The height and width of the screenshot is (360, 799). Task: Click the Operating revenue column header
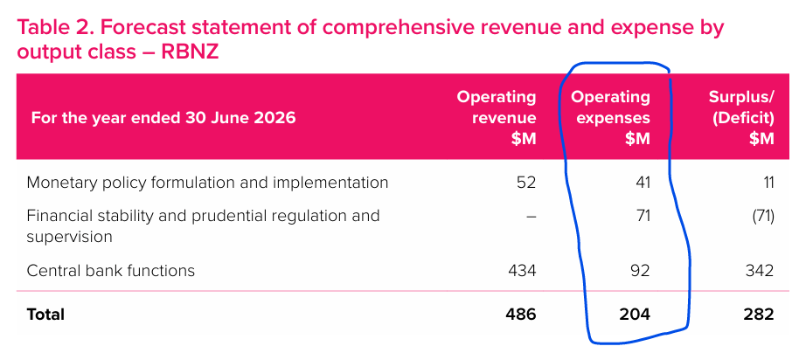[x=497, y=117]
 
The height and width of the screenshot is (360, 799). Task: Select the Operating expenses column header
[x=611, y=117]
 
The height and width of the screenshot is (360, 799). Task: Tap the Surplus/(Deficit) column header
[x=740, y=117]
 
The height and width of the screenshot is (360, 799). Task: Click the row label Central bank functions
[x=111, y=271]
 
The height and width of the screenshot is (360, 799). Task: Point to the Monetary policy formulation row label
[x=207, y=183]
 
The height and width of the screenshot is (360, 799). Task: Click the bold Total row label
[x=45, y=314]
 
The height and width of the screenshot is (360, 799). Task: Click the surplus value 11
[x=766, y=183]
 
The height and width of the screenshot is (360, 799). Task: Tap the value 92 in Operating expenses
[x=641, y=271]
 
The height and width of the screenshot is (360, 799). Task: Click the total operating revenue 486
[x=520, y=314]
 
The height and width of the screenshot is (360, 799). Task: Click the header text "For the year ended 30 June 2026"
[x=163, y=118]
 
